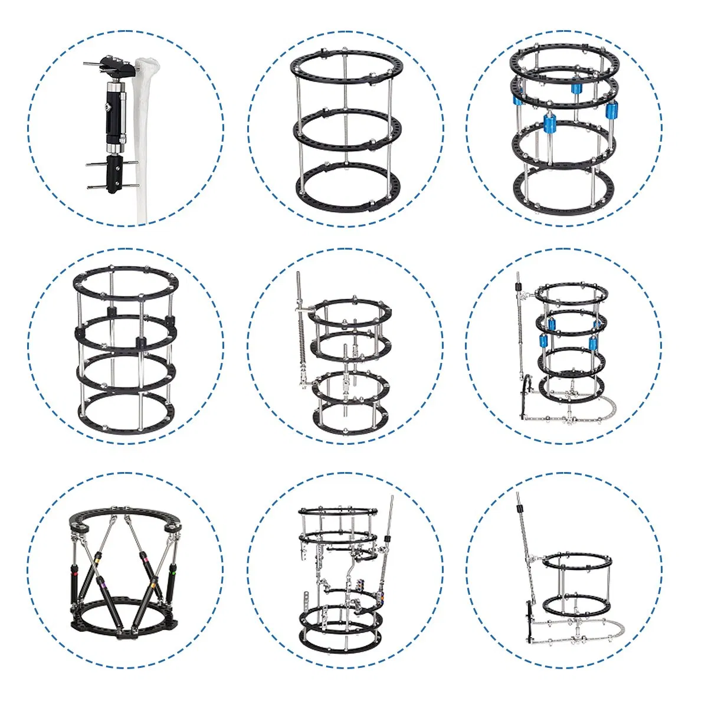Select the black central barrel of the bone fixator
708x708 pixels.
point(113,112)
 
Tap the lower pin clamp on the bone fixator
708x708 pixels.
point(113,174)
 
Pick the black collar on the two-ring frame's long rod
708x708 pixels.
point(521,510)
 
